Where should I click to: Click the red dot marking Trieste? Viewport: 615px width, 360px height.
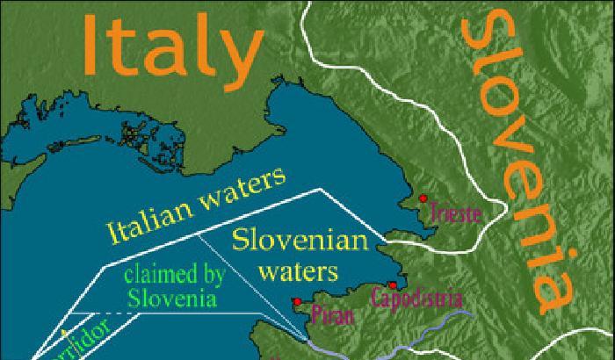(423, 198)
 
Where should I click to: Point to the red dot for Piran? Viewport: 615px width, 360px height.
(298, 300)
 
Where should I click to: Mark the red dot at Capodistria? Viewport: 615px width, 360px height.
(392, 284)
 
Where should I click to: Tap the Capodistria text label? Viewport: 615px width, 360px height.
(415, 298)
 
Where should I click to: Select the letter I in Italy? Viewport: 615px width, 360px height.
(93, 45)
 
